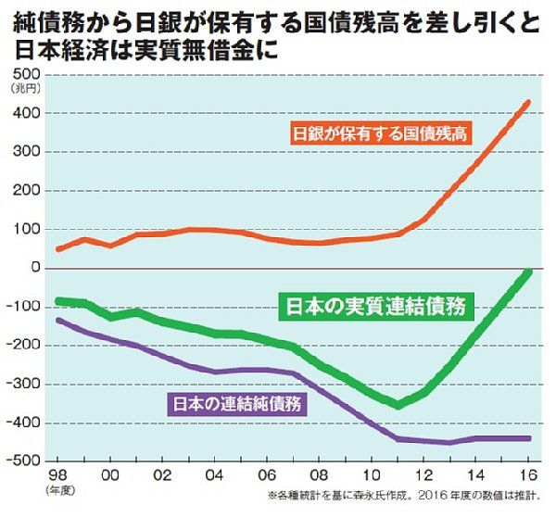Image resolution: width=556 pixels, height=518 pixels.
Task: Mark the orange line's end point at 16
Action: pyautogui.click(x=528, y=101)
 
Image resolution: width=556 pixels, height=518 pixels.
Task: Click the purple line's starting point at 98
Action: pyautogui.click(x=59, y=320)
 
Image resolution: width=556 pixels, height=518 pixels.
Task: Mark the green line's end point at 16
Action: pyautogui.click(x=528, y=271)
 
